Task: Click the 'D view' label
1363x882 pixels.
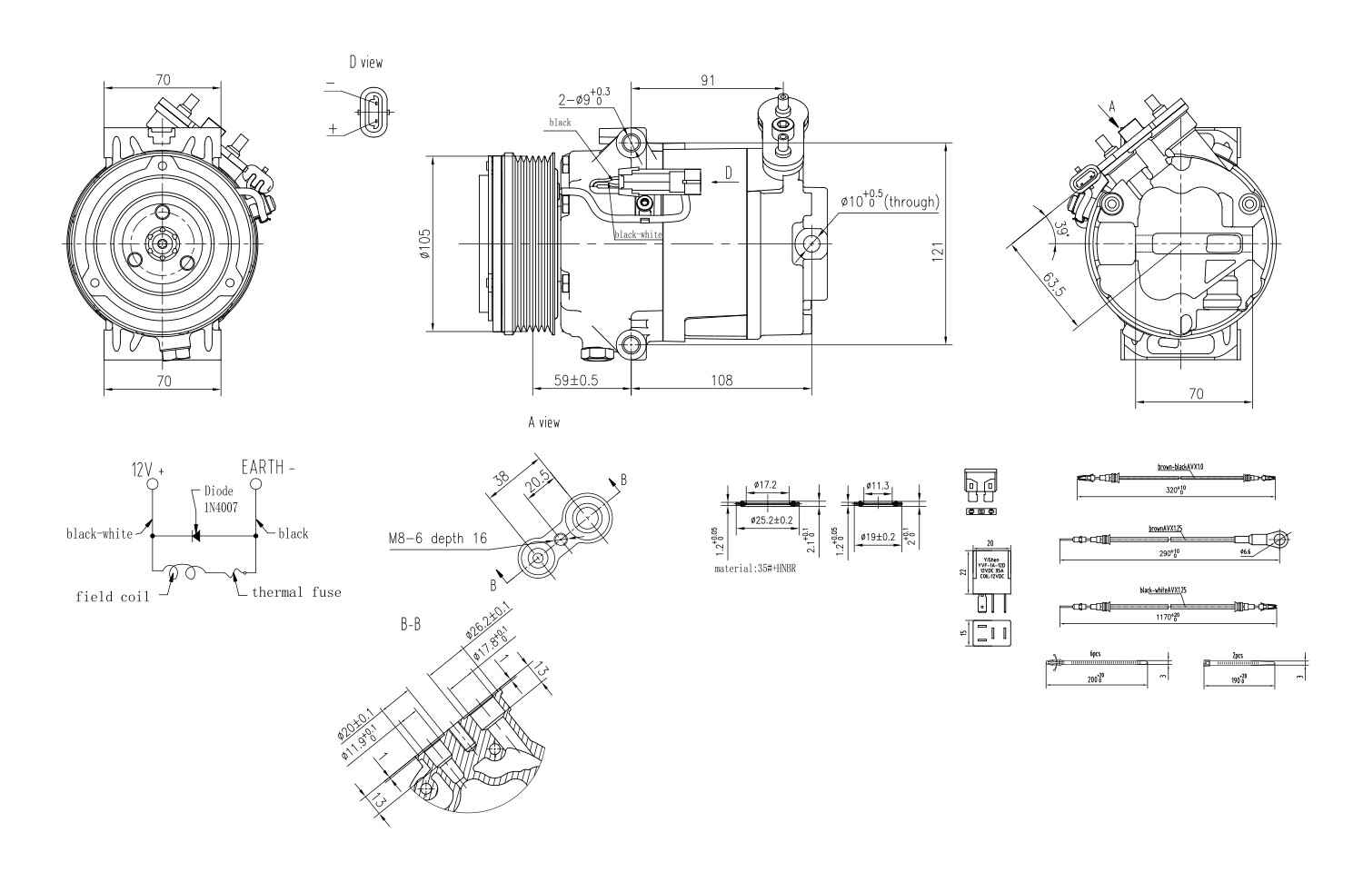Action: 365,63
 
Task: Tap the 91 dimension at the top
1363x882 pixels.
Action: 708,80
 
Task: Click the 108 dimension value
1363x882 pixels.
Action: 720,381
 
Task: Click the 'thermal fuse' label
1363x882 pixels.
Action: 296,592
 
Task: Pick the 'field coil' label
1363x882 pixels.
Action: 107,597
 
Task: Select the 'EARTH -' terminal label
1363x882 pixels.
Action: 268,468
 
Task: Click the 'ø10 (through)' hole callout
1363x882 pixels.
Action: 888,201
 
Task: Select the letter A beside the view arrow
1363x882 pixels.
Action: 1110,107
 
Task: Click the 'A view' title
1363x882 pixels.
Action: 543,422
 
